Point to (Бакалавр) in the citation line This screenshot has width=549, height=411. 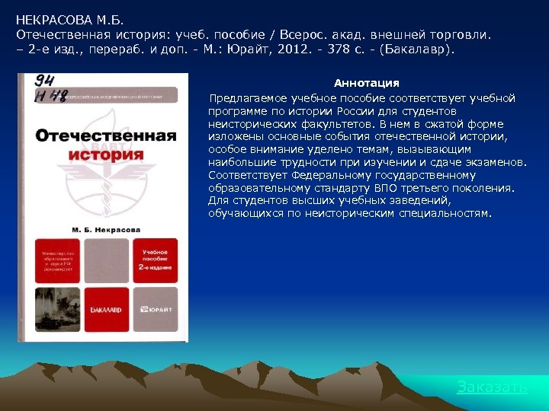[419, 49]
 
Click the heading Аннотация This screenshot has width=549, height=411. [367, 82]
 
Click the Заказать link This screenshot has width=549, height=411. [492, 387]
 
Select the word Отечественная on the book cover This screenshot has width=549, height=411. [106, 136]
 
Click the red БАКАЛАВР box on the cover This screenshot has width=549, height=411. [106, 309]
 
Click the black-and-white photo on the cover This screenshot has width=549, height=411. [57, 309]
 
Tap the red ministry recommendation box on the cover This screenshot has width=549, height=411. [57, 260]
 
